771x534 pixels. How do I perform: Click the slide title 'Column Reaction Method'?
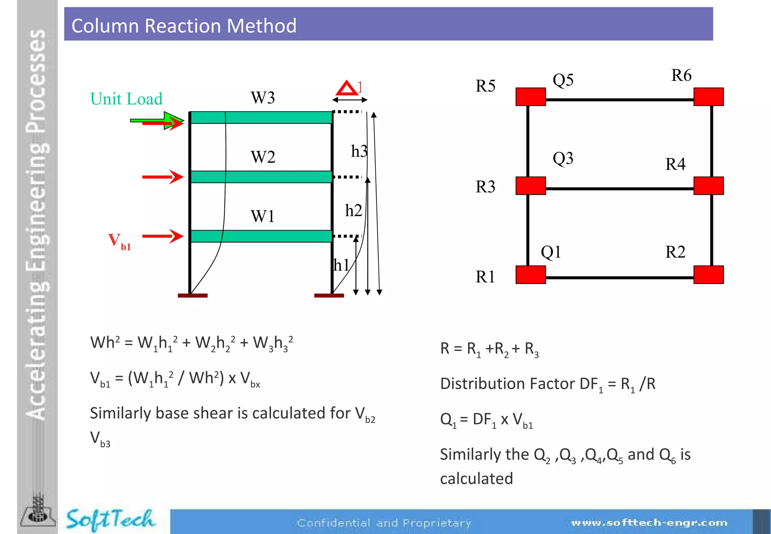(184, 26)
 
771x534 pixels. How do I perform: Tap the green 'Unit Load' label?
(126, 99)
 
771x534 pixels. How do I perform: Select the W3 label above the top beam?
(263, 98)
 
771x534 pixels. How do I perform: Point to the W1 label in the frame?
(263, 217)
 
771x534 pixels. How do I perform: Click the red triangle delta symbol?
(347, 88)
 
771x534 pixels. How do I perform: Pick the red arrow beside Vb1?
(163, 236)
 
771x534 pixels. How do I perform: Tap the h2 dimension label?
(354, 211)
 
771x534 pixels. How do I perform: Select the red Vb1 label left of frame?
(119, 241)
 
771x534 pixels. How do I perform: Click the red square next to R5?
(530, 97)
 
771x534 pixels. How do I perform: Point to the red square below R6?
(708, 97)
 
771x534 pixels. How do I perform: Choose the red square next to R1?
(530, 275)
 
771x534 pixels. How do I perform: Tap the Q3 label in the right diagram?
(563, 158)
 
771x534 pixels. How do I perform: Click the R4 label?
(675, 164)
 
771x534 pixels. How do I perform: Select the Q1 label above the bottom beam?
(551, 252)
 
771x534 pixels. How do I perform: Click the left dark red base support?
(192, 296)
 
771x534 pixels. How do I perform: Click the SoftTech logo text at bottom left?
(110, 519)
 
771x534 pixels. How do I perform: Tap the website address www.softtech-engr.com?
(649, 523)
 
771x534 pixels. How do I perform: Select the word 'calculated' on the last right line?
(476, 479)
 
